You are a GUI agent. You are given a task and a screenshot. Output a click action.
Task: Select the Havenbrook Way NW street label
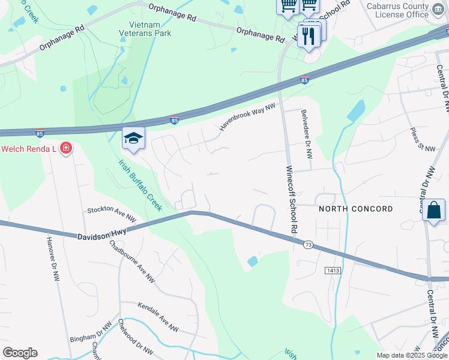pos(247,116)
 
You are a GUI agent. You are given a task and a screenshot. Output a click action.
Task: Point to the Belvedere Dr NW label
pos(307,134)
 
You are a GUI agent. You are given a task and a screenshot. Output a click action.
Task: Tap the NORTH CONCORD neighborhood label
pos(356,209)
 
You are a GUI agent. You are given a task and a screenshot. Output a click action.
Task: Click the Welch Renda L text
pos(28,149)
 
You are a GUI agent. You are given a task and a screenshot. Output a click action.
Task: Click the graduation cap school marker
pos(133,139)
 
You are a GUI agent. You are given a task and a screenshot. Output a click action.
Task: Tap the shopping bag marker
pos(433,211)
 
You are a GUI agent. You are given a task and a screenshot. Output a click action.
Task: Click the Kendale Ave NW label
pos(158,317)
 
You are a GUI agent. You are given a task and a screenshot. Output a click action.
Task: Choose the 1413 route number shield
pos(334,271)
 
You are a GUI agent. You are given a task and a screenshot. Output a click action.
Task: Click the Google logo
pos(20,353)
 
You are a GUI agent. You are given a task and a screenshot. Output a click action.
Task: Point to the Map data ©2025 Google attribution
pos(412,355)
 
